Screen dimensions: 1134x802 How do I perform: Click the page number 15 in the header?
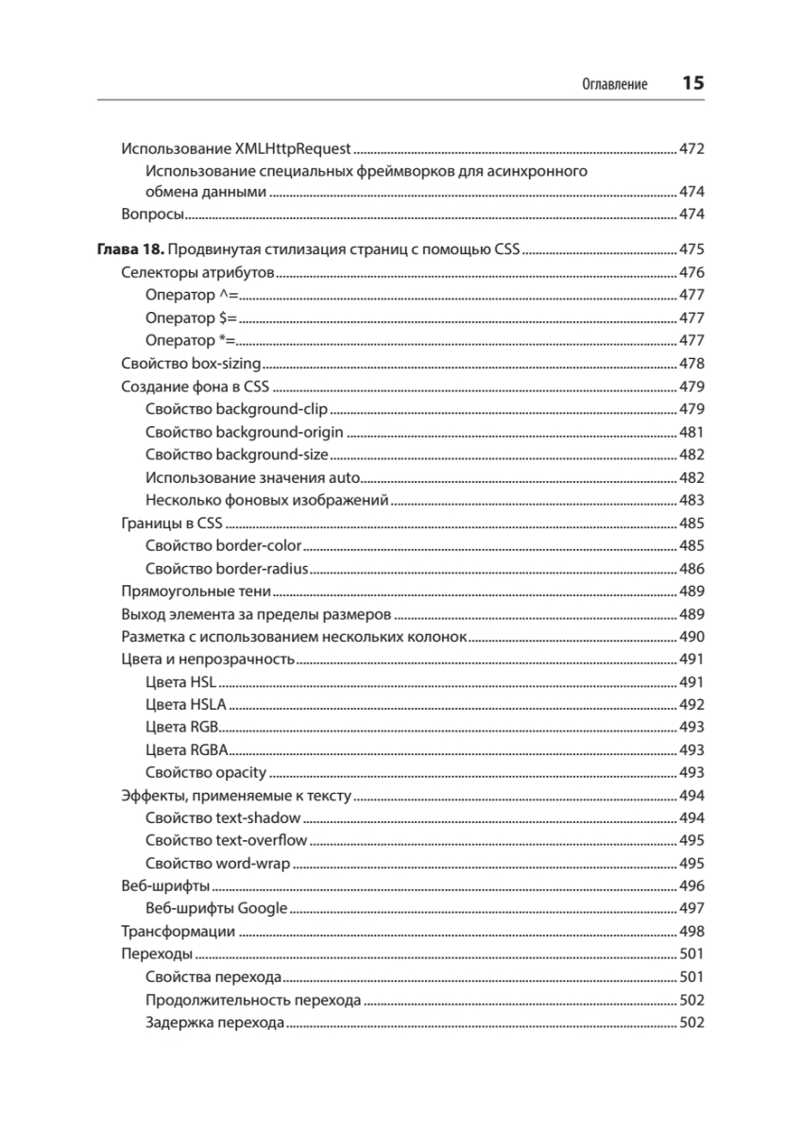[692, 83]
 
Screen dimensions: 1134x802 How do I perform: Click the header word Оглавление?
[614, 85]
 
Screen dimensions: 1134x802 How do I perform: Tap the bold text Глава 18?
[131, 250]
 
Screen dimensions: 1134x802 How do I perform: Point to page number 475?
[691, 250]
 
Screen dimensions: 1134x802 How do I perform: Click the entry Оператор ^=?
[192, 296]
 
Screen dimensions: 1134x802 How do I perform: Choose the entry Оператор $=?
[192, 318]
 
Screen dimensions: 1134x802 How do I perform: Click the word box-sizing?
[222, 364]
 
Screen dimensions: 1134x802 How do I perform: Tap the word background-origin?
[280, 432]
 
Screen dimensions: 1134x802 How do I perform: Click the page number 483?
[691, 500]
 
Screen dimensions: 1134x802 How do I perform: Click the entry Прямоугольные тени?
[196, 592]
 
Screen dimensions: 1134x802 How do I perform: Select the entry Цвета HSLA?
[187, 705]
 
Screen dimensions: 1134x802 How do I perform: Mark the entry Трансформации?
[179, 932]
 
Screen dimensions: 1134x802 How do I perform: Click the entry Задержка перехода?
[215, 1022]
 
